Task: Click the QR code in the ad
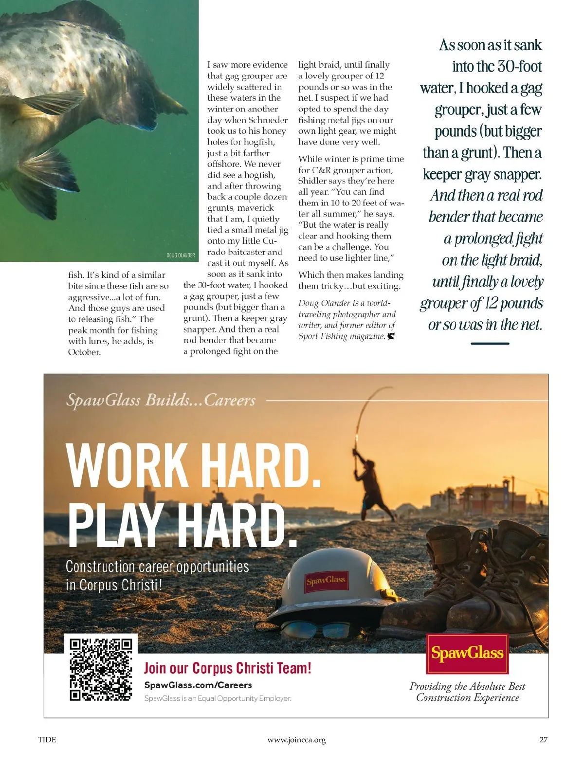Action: [101, 669]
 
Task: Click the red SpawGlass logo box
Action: [467, 653]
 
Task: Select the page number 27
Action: [543, 740]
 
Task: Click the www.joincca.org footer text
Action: [296, 740]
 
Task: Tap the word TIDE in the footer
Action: [47, 740]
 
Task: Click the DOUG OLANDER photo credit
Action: [181, 255]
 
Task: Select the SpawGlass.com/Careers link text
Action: [198, 685]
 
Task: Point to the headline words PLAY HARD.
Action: [182, 526]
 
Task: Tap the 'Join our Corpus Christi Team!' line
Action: [227, 668]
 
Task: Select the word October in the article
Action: [84, 352]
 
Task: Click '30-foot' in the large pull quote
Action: [519, 66]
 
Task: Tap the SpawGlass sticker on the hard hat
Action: [327, 580]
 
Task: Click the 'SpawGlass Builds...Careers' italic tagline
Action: [161, 400]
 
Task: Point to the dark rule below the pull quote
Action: [490, 343]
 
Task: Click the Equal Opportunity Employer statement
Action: [218, 698]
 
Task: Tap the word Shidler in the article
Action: [312, 181]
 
